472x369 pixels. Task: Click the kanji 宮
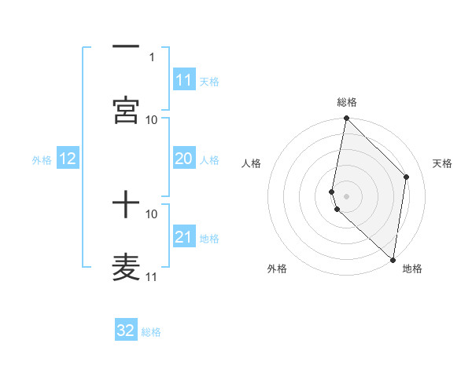[x=126, y=111]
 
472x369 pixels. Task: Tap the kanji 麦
[x=126, y=268]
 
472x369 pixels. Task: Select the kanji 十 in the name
[x=126, y=206]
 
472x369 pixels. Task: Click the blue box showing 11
[x=183, y=80]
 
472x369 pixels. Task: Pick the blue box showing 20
[x=183, y=159]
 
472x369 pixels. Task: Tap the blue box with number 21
[x=183, y=237]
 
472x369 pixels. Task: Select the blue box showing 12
[x=68, y=159]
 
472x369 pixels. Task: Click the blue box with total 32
[x=126, y=331]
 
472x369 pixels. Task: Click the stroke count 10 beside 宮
[x=152, y=119]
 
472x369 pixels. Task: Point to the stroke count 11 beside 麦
[x=152, y=276]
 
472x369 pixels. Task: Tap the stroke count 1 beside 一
[x=152, y=57]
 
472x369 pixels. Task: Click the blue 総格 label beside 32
[x=151, y=332]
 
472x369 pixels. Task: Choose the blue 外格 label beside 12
[x=42, y=160]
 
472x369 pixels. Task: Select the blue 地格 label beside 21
[x=209, y=239]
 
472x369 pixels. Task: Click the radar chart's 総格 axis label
[x=347, y=102]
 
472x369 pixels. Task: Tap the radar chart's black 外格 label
[x=277, y=269]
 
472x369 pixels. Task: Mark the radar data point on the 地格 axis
[x=393, y=259]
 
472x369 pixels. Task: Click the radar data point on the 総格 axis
[x=346, y=119]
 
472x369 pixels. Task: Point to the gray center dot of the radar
[x=346, y=196]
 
